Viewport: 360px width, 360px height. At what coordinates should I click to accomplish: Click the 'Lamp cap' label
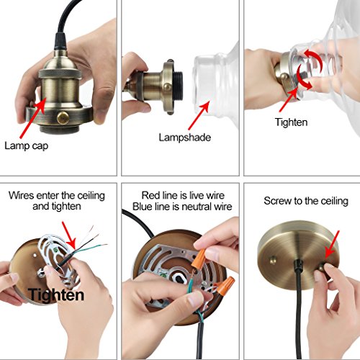click(27, 146)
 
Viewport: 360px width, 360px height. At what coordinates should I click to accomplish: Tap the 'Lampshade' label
click(185, 138)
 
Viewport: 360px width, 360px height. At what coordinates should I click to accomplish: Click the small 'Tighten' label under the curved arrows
click(291, 122)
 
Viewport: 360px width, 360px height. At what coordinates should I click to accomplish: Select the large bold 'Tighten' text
click(56, 295)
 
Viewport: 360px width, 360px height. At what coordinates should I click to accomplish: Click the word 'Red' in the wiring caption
click(150, 195)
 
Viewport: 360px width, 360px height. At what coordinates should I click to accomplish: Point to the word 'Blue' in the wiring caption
click(142, 207)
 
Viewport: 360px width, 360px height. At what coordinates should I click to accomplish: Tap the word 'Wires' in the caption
click(21, 196)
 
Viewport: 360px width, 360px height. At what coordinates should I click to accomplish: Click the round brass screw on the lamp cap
click(63, 117)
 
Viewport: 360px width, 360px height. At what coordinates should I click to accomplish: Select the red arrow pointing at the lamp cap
click(32, 118)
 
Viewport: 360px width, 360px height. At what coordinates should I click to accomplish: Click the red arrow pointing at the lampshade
click(199, 115)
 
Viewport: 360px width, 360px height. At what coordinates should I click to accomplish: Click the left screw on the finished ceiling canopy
click(273, 260)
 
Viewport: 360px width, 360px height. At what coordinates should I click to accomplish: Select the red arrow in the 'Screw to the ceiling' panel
click(333, 244)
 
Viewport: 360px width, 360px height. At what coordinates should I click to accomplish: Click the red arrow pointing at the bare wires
click(69, 235)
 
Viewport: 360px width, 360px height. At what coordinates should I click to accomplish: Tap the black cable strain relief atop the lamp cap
click(60, 41)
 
